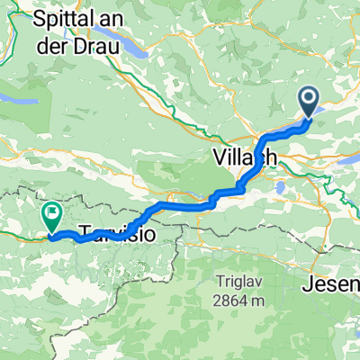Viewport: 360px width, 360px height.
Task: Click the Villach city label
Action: point(246,157)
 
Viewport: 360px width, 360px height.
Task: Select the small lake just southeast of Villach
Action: point(281,188)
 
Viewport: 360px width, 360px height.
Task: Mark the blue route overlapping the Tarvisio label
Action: point(108,235)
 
